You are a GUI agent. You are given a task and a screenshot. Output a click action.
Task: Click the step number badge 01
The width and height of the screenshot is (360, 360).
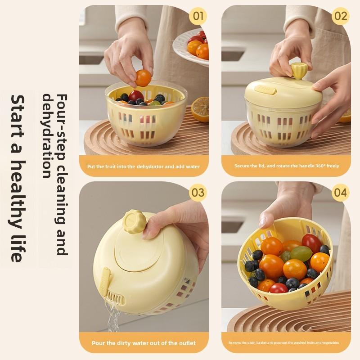198,16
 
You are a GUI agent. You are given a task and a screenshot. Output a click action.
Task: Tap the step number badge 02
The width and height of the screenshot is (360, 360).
341,16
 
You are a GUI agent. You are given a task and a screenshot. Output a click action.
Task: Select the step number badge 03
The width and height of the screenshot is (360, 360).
198,193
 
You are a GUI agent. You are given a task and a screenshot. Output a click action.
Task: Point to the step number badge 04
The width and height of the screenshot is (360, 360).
341,193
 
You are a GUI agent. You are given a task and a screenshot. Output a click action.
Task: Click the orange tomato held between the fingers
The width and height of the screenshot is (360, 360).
143,78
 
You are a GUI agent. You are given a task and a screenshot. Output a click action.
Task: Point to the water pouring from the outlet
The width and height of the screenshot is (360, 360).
113,315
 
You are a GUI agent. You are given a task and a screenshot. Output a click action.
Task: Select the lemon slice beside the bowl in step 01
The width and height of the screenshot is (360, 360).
200,109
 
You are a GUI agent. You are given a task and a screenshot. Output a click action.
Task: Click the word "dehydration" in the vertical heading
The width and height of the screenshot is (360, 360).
47,136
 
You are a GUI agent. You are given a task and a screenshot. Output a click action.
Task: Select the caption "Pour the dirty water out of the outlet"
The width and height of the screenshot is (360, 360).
144,343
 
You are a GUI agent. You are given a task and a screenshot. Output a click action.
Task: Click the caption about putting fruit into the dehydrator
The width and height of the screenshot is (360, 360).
144,166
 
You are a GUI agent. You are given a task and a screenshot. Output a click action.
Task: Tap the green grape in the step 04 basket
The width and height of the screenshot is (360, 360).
301,253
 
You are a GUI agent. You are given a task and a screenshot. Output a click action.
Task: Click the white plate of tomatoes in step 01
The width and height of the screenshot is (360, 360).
191,47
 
